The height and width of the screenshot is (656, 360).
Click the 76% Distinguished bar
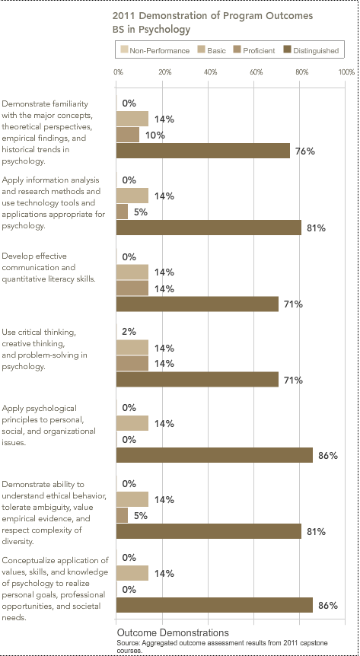(x=203, y=151)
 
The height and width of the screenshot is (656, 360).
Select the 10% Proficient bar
(x=128, y=135)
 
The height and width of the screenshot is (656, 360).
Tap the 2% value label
(x=129, y=332)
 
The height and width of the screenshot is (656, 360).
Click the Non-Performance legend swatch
(x=124, y=50)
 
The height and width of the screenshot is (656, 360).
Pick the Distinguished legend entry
(x=311, y=51)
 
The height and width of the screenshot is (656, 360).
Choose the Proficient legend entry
(x=254, y=51)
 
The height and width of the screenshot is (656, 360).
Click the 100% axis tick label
(x=347, y=72)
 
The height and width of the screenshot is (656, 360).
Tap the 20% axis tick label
(x=165, y=72)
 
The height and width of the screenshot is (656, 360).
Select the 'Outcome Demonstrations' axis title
(x=173, y=632)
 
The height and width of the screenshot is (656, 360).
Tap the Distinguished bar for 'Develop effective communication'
(x=197, y=304)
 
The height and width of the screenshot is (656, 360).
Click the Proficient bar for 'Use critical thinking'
(x=132, y=364)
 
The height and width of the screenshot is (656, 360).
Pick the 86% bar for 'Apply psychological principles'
(x=215, y=455)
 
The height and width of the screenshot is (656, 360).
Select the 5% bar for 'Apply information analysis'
(x=122, y=212)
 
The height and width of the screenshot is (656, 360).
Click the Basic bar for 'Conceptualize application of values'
(x=132, y=573)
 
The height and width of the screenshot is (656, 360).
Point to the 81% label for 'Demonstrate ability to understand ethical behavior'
(x=317, y=532)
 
